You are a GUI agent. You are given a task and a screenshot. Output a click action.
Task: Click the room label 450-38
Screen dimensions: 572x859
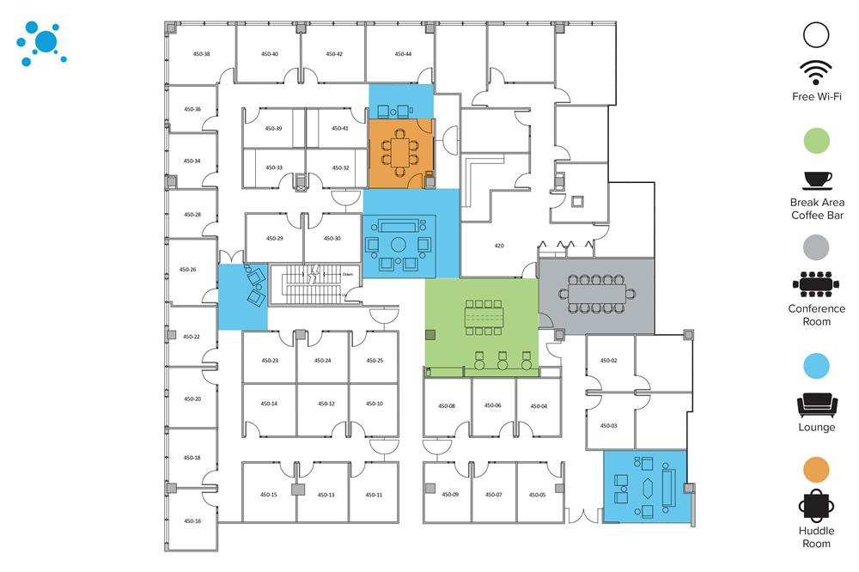[202, 54]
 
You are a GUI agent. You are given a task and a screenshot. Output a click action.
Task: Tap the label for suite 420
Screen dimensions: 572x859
[499, 246]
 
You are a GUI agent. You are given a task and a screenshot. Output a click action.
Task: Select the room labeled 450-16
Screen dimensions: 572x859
[192, 521]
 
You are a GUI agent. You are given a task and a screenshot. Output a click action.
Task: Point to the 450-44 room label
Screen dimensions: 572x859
[403, 54]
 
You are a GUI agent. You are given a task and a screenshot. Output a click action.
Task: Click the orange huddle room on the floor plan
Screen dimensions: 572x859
[400, 152]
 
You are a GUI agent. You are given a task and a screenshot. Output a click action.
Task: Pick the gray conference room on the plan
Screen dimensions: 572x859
[596, 295]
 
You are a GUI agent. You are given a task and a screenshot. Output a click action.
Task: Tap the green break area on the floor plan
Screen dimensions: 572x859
[481, 325]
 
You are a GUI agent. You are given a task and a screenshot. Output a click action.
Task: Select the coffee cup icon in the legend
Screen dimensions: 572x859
[817, 180]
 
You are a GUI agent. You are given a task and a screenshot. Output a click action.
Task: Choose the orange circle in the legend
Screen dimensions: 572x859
[817, 469]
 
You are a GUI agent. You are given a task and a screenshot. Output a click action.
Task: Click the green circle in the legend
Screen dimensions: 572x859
[817, 140]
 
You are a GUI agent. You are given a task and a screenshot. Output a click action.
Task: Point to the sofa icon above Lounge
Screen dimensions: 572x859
[817, 404]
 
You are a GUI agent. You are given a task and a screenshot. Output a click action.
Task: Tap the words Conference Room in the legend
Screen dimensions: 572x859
[817, 314]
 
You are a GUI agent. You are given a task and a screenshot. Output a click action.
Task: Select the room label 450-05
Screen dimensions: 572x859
[537, 495]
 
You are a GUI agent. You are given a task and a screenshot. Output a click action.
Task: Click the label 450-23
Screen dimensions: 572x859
[269, 361]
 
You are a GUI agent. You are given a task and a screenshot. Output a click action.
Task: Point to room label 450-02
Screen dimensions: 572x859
[609, 361]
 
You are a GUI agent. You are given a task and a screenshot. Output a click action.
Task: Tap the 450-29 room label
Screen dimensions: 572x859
[274, 238]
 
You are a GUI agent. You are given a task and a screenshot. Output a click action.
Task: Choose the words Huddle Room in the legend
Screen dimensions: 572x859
[817, 537]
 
